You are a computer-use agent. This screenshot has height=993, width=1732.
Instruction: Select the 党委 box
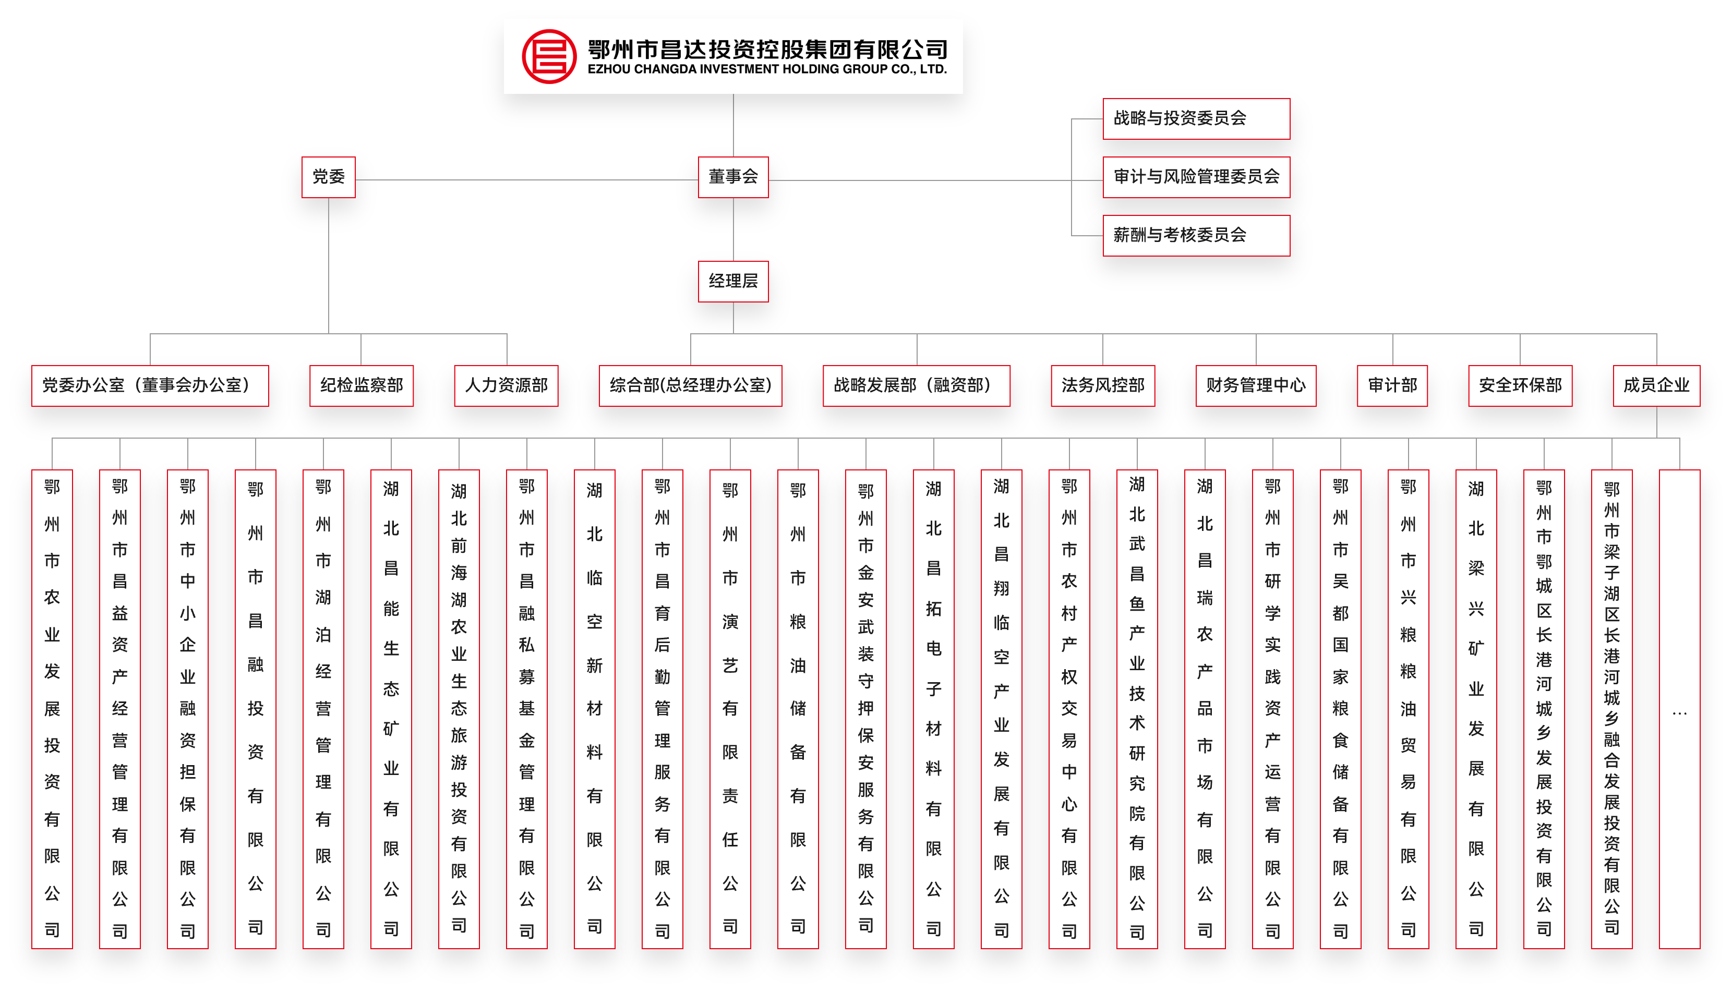coord(328,177)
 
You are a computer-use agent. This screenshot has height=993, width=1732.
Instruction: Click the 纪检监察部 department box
coord(362,386)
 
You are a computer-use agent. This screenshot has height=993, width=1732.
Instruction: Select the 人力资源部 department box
coord(506,386)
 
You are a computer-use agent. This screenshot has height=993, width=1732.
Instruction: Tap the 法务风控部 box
coord(1102,386)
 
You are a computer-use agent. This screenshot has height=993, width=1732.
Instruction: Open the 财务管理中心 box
coord(1255,386)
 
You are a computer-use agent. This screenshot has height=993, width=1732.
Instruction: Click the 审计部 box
coord(1392,386)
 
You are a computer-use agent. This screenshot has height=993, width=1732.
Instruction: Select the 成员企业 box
coord(1656,386)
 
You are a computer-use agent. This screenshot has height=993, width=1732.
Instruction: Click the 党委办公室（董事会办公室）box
coord(150,386)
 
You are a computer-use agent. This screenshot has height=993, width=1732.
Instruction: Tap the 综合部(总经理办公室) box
coord(690,386)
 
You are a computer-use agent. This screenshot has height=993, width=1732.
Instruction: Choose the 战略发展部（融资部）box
coord(916,386)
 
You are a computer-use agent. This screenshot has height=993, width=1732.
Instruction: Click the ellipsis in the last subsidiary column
coord(1679,714)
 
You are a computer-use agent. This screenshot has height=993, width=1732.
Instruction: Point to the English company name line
coord(767,69)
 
